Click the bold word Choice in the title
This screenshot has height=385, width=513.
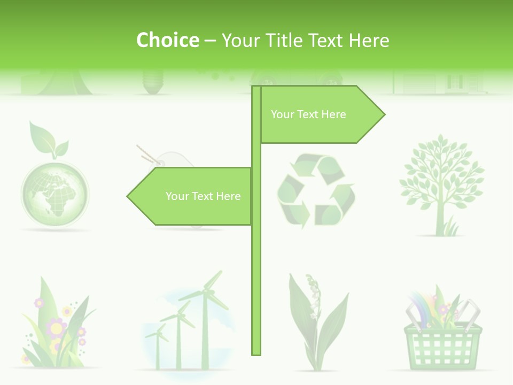click(167, 40)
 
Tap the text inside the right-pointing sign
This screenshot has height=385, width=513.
click(308, 114)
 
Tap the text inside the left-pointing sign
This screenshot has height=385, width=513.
click(203, 196)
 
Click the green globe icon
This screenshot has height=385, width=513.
click(55, 190)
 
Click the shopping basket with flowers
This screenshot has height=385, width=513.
click(443, 342)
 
